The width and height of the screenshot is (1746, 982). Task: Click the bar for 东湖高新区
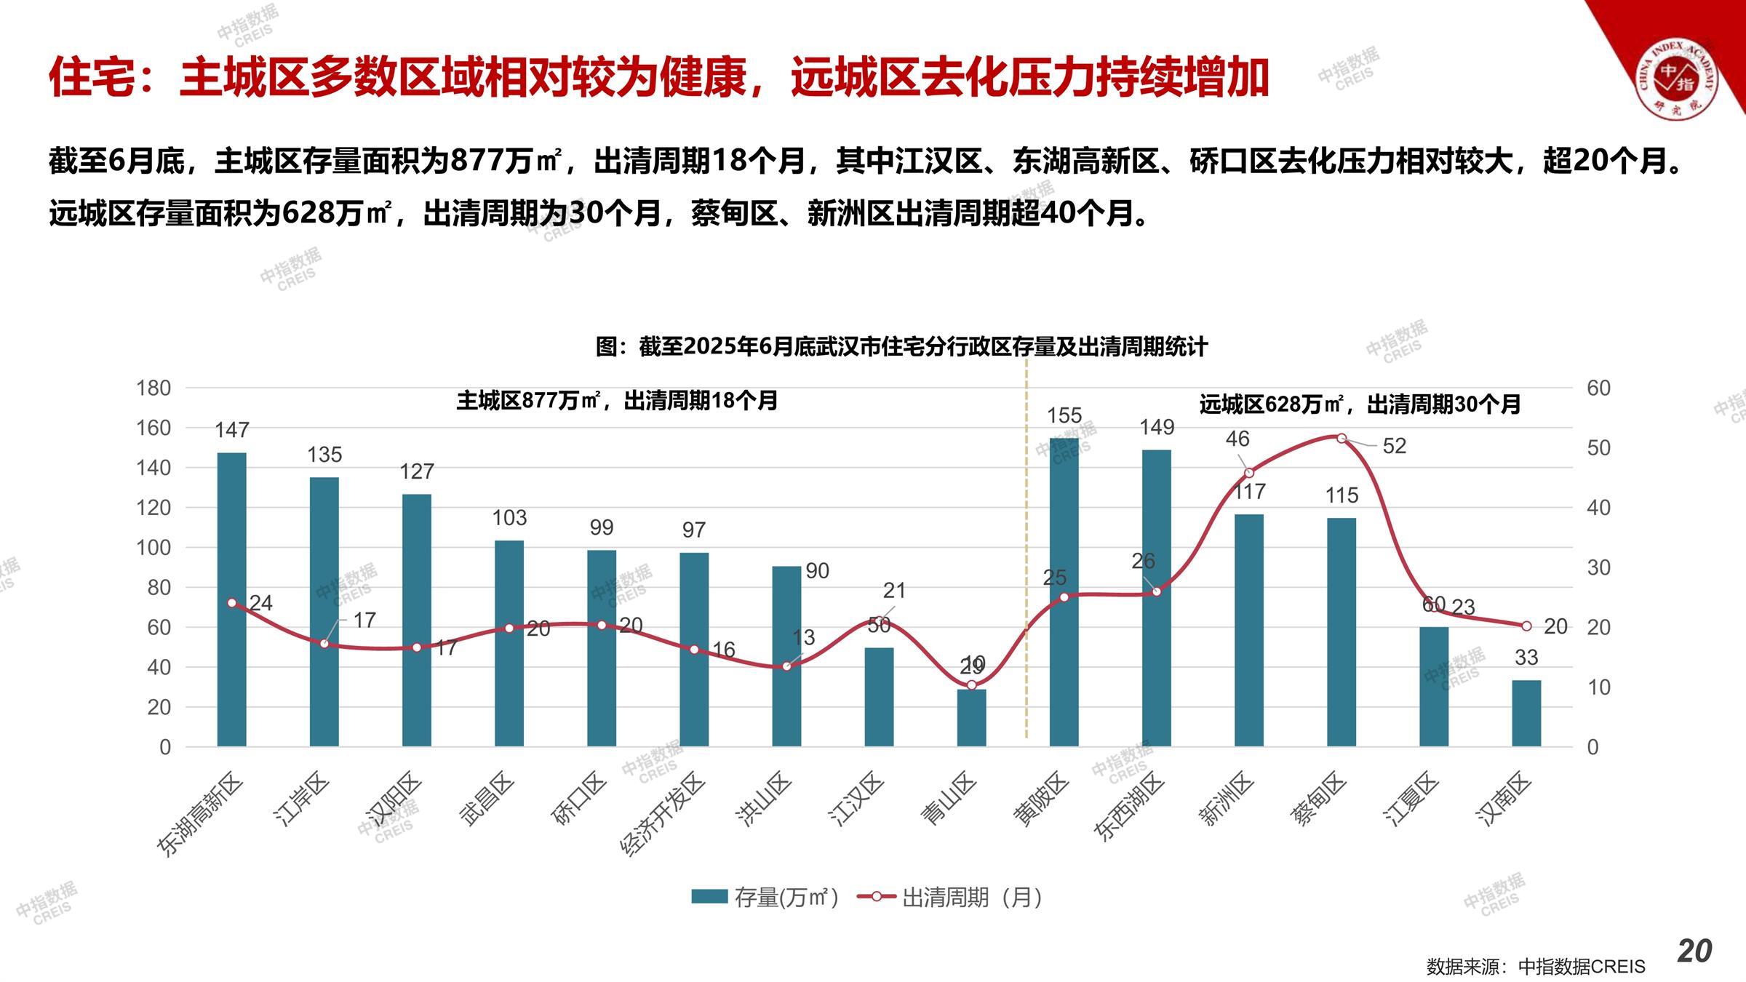pos(231,599)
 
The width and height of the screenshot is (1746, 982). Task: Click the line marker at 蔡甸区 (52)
pos(1342,438)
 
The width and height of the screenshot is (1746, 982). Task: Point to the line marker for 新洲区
pos(1249,473)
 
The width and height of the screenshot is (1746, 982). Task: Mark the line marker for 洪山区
pos(786,666)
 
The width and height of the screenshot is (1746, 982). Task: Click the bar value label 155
pos(1064,415)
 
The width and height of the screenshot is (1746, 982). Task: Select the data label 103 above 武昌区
pos(509,518)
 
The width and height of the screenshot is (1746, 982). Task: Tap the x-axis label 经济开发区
pos(662,815)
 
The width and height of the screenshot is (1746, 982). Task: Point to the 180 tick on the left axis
pos(154,388)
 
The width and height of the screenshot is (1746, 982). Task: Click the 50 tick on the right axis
pos(1598,448)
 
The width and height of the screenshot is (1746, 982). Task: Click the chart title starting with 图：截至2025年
pos(901,347)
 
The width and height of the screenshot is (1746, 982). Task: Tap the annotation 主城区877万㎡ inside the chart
pos(617,401)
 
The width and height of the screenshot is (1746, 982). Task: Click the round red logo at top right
pos(1676,78)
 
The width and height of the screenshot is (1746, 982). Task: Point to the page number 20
pos(1694,951)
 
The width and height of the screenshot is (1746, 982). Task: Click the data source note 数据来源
pos(1535,967)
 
